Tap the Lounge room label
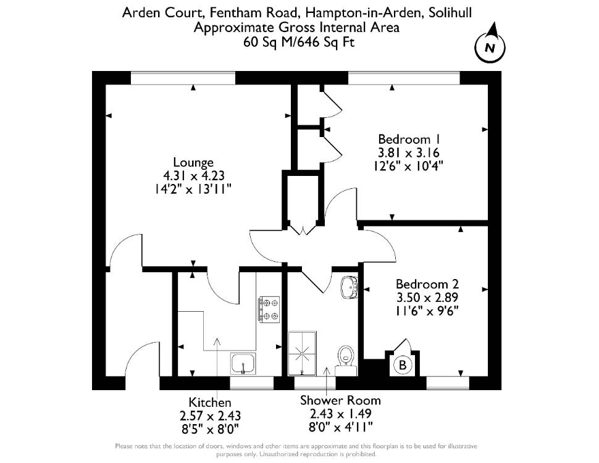pos(193,162)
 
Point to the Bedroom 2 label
pos(427,284)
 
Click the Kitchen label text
pos(210,403)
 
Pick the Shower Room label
pos(340,400)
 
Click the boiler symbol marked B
pos(402,364)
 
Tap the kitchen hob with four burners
pos(269,309)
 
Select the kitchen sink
pos(243,363)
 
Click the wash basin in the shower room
pos(350,286)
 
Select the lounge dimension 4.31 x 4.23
pos(194,175)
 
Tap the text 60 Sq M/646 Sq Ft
pos(299,41)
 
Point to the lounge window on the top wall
pos(183,78)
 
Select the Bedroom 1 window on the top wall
pos(404,78)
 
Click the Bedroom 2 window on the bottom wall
pos(447,383)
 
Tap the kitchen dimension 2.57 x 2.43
pos(210,415)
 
